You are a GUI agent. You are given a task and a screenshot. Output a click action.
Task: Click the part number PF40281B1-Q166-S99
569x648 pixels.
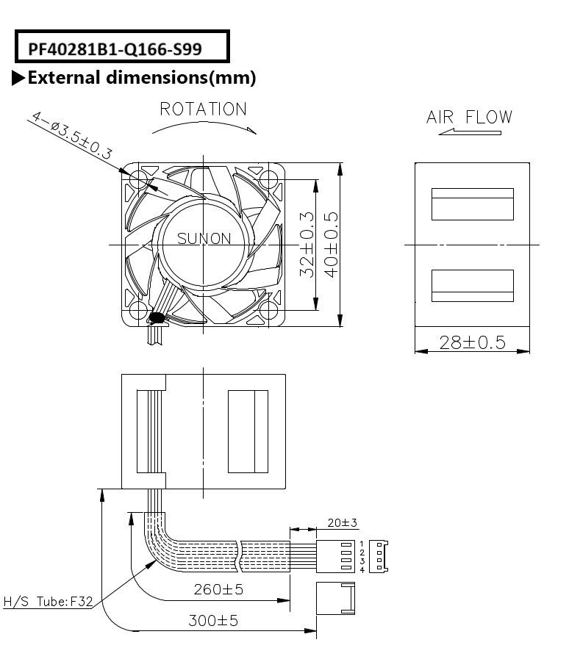click(x=115, y=49)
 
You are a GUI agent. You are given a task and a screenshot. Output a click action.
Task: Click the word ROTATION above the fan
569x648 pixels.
click(x=203, y=109)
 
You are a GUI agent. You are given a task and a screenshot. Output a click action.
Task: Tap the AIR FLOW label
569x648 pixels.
click(x=469, y=117)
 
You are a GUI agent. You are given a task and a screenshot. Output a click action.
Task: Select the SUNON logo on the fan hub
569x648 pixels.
click(x=204, y=239)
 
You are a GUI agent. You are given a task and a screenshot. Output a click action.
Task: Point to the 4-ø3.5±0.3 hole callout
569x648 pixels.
click(x=71, y=135)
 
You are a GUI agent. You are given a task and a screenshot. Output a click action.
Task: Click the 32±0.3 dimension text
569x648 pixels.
click(x=307, y=244)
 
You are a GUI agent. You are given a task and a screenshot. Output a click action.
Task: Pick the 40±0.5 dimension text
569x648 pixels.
click(x=332, y=244)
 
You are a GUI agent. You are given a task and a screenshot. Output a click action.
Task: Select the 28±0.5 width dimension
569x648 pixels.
click(x=472, y=342)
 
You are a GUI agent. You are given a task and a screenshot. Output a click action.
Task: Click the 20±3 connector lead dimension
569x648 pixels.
click(x=342, y=523)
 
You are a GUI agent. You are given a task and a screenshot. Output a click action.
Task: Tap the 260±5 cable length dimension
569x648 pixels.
click(x=218, y=589)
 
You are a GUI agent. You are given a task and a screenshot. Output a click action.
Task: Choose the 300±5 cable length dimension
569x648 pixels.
click(x=213, y=621)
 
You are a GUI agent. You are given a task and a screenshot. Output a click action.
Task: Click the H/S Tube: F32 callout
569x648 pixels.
click(x=48, y=601)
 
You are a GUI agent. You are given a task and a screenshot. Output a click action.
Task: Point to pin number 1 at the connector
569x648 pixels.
click(x=362, y=544)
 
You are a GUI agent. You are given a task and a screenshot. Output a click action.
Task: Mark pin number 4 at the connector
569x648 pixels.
click(x=362, y=570)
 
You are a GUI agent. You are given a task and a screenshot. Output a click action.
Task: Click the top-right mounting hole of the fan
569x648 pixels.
click(x=269, y=179)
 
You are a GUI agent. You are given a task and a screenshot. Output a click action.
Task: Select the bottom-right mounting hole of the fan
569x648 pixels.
click(x=269, y=310)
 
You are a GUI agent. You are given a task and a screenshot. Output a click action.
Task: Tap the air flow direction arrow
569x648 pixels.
click(x=470, y=132)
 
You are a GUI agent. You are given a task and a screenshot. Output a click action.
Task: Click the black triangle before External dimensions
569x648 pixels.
click(x=18, y=78)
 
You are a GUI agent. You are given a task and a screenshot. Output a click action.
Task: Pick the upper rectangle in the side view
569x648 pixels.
click(x=473, y=204)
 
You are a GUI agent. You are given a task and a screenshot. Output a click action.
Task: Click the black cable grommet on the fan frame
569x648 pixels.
click(x=157, y=318)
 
